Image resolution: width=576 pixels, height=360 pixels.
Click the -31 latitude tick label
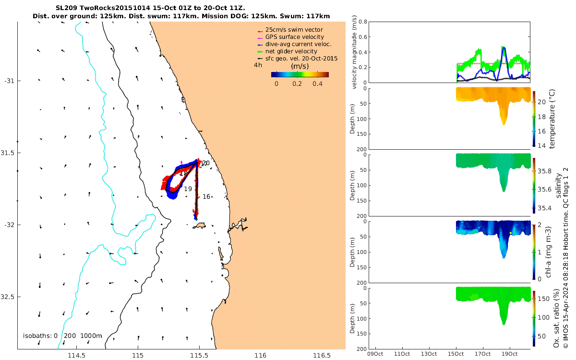click(x=10, y=81)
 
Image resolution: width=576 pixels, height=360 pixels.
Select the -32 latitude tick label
click(x=10, y=225)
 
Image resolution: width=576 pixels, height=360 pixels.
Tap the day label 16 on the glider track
click(x=206, y=197)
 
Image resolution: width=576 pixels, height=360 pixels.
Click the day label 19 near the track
click(x=188, y=189)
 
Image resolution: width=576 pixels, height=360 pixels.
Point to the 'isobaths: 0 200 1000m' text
click(x=62, y=336)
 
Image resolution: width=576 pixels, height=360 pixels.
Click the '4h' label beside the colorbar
click(x=258, y=65)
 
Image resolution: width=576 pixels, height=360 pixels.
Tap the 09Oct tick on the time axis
click(x=375, y=354)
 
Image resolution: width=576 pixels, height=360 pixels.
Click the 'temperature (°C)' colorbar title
click(x=552, y=118)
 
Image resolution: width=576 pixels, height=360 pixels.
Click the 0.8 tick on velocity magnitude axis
click(x=364, y=22)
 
